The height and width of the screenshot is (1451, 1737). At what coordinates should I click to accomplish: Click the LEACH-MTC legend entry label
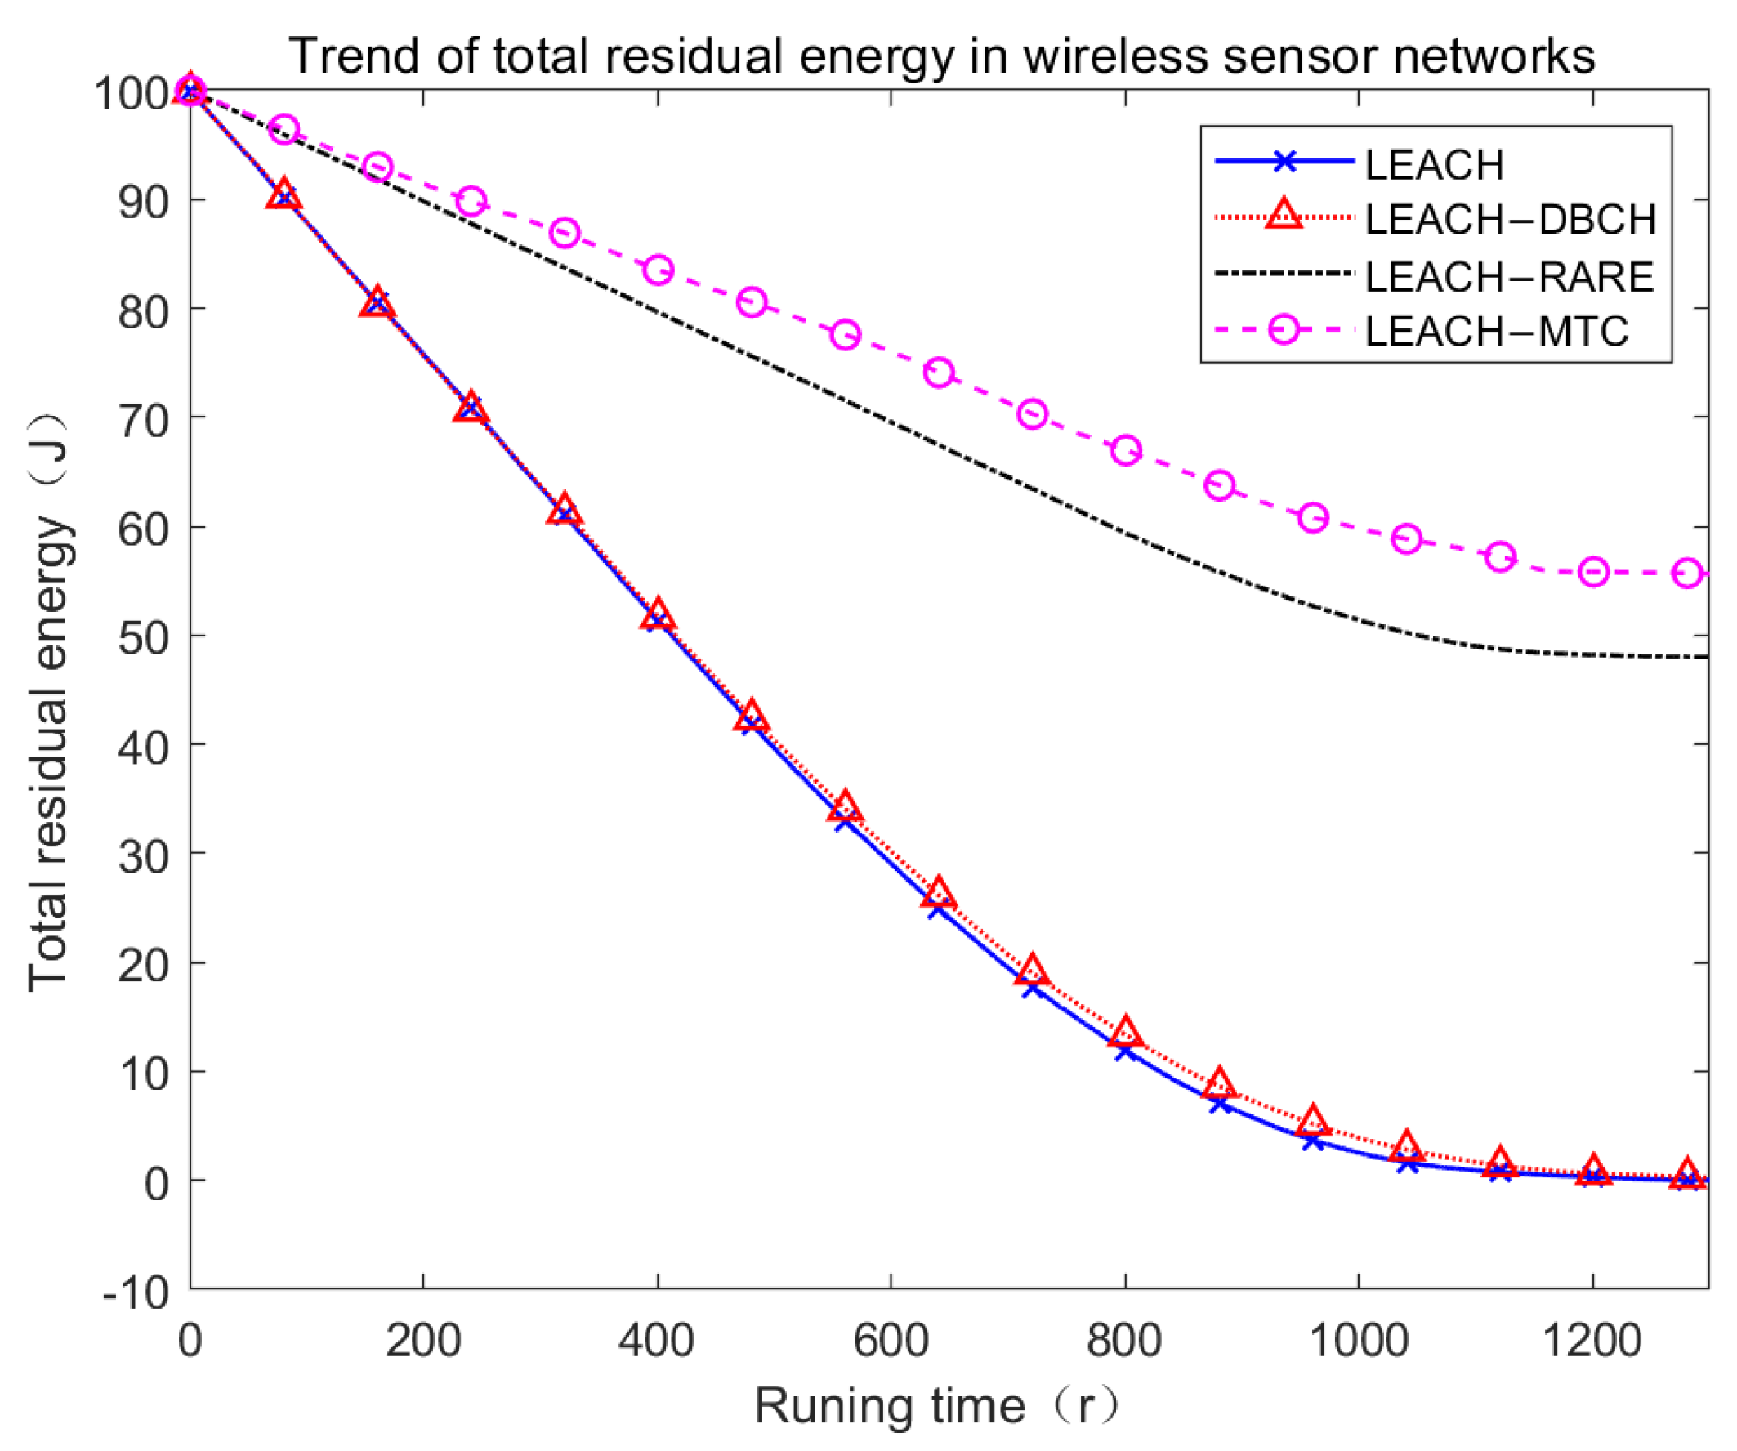pos(1496,331)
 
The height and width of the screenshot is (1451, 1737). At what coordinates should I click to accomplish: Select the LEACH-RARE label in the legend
pos(1509,276)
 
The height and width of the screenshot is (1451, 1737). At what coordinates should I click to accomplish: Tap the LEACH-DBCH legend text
pos(1511,219)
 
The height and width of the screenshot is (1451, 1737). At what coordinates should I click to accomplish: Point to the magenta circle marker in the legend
pos(1284,330)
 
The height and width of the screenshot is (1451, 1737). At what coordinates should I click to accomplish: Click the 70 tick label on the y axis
pos(143,420)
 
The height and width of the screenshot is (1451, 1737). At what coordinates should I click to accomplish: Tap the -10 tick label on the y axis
pos(135,1292)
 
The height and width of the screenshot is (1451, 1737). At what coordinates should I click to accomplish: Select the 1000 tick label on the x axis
pos(1358,1340)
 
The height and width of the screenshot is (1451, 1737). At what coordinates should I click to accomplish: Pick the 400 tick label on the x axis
pos(657,1340)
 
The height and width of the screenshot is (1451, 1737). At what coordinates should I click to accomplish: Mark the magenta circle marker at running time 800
pos(1126,451)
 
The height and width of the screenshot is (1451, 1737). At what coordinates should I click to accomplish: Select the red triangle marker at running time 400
pos(658,616)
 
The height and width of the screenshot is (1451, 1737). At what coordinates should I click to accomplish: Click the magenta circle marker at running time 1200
pos(1593,573)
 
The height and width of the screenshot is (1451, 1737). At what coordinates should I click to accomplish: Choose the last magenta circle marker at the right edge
pos(1687,574)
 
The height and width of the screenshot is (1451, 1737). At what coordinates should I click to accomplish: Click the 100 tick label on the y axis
pos(132,93)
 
